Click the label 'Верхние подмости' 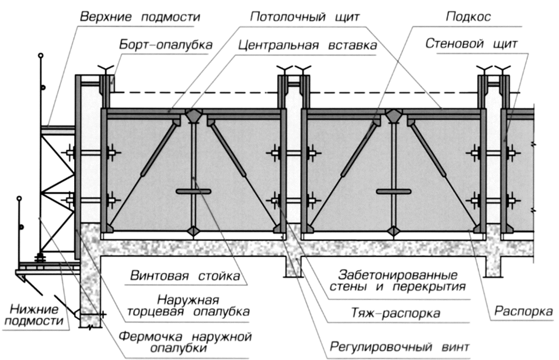140,17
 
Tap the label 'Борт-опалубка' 166,45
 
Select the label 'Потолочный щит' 305,17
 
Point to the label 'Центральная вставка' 307,45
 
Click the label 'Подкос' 468,17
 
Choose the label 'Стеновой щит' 471,44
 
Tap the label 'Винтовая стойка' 185,276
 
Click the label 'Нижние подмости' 34,315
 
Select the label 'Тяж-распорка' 396,313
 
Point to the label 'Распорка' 523,311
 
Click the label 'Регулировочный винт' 399,347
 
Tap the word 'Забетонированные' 398,275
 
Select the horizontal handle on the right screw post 394,192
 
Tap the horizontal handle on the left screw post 193,192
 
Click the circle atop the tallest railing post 40,55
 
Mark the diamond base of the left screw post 193,231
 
